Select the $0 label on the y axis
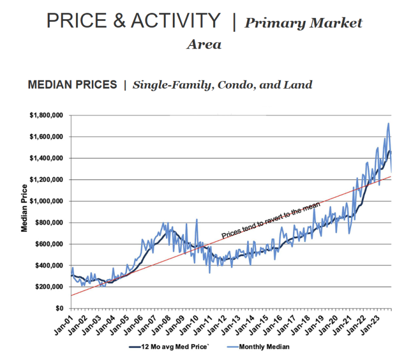tap(60, 309)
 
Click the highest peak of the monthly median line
tap(388, 124)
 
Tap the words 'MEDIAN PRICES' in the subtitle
tap(72, 85)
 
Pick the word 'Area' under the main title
tap(204, 45)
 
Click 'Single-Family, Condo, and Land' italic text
tap(223, 85)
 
